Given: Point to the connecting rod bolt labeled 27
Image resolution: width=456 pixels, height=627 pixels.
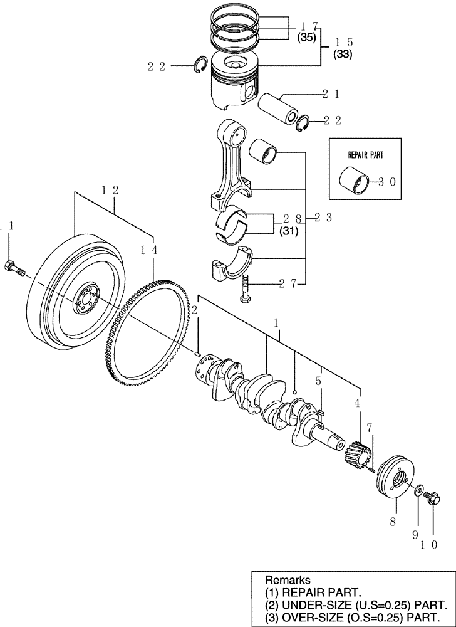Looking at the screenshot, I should (245, 288).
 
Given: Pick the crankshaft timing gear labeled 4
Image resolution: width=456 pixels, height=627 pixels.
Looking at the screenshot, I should (355, 451).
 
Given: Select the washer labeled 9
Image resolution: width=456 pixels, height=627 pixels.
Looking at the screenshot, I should (418, 488).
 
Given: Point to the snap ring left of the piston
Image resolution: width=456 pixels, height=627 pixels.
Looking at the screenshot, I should (201, 65).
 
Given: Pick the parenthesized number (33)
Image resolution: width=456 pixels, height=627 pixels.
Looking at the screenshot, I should (343, 54).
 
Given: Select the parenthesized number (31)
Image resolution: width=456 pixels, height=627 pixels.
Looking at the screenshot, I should (288, 231).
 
